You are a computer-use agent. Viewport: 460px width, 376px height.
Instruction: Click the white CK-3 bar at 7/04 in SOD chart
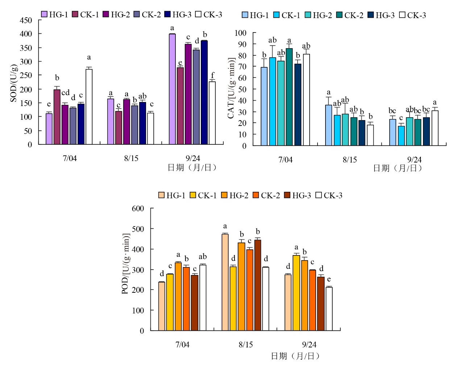tap(89, 107)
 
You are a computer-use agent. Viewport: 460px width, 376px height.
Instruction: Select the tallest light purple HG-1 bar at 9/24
tap(172, 89)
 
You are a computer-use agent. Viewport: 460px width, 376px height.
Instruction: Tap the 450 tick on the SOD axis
tap(26, 20)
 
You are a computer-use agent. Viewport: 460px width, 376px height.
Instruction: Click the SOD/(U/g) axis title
tap(13, 83)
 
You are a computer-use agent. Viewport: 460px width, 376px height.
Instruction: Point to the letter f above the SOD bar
tap(213, 75)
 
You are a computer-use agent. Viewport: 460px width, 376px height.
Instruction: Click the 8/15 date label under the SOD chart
tap(131, 158)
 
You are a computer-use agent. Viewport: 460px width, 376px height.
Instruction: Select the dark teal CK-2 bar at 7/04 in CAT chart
tap(289, 97)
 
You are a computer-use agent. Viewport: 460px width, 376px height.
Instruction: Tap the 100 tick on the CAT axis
tap(240, 33)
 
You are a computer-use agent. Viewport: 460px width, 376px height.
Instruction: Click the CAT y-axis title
tap(231, 88)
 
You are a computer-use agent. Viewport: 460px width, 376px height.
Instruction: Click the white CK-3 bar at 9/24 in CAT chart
tap(435, 128)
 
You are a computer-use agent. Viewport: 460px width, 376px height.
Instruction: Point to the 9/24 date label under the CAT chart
tap(414, 160)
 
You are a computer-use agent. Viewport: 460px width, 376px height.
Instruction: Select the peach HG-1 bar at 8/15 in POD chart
tap(225, 282)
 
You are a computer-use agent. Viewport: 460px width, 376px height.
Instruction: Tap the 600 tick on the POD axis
tap(138, 208)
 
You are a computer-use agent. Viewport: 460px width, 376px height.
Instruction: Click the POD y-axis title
tap(125, 263)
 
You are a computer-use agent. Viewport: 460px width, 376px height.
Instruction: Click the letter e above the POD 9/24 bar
tap(329, 279)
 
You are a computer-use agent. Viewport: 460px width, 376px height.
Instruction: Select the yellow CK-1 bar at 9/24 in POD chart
tap(297, 293)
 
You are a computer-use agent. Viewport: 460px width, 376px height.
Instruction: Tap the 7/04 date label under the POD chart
tap(182, 345)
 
